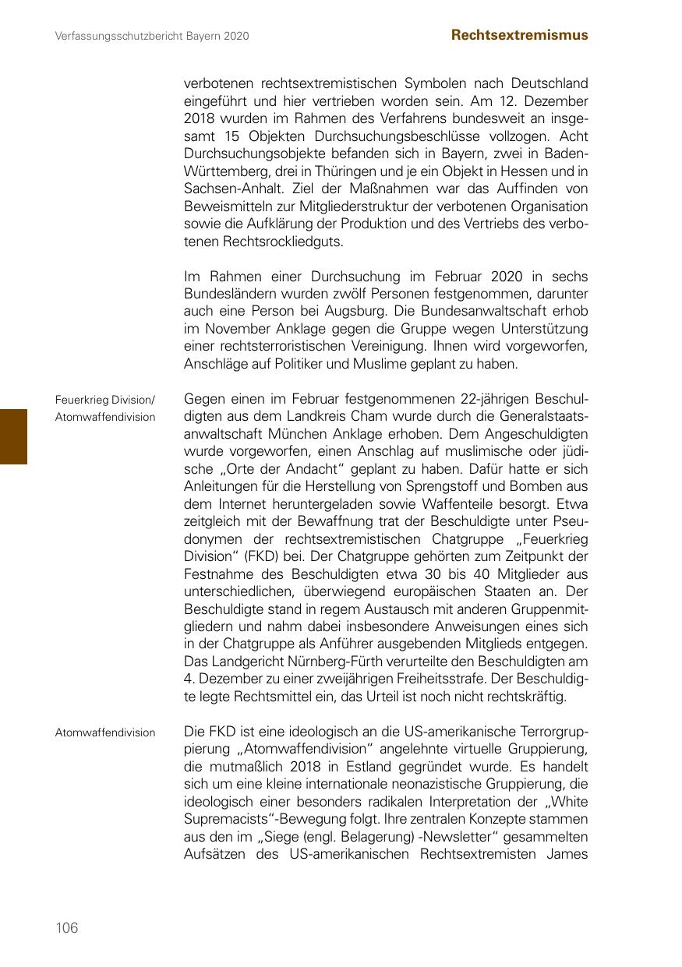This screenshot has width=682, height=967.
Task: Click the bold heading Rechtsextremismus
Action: [520, 35]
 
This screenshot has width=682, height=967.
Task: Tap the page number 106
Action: [67, 927]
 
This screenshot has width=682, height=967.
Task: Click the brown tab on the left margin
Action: [13, 436]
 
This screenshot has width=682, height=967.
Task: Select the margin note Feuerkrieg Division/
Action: [105, 400]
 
